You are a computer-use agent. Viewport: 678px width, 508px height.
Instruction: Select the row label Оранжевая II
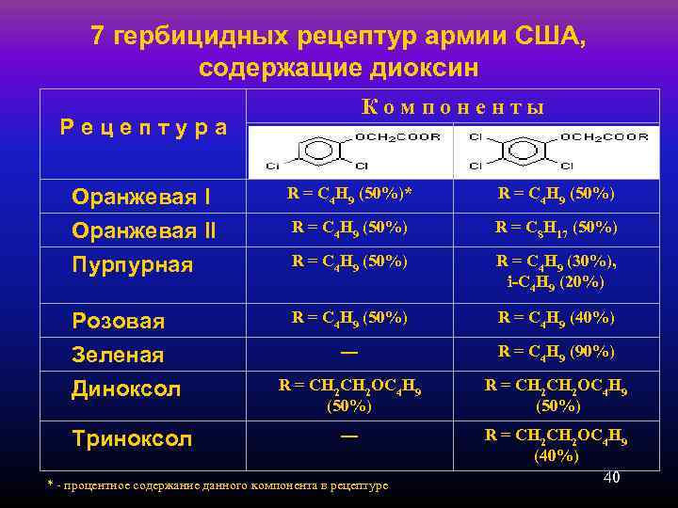click(x=144, y=230)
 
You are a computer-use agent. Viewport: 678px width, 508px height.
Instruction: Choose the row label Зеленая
click(x=118, y=355)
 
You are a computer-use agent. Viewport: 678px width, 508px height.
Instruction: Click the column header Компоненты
click(x=453, y=106)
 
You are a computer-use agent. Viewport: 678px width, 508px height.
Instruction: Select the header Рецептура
click(x=143, y=127)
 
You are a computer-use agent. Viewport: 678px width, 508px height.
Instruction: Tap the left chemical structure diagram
click(x=350, y=151)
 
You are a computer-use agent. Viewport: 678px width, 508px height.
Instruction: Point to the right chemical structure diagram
click(x=557, y=151)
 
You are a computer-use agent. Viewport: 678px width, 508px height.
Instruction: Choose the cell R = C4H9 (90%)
click(x=557, y=352)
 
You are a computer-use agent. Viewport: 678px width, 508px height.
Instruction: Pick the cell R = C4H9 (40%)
click(x=557, y=318)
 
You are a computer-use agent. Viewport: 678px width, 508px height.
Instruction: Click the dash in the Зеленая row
click(x=349, y=351)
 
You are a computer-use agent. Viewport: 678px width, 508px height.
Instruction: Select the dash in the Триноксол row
click(x=349, y=436)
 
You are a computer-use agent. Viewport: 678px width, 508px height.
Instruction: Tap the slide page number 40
click(x=611, y=478)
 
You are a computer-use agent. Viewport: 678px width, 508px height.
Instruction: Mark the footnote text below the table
click(x=218, y=484)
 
